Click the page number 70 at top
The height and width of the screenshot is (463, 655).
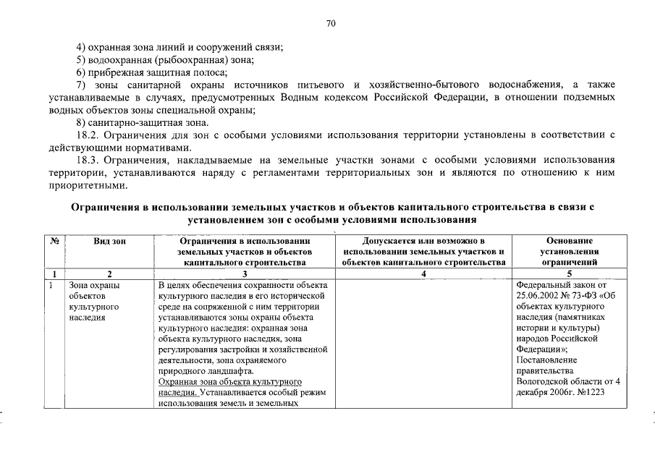click(x=331, y=24)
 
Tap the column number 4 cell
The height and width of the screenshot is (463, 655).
click(x=423, y=273)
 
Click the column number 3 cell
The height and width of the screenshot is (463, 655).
click(x=244, y=273)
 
